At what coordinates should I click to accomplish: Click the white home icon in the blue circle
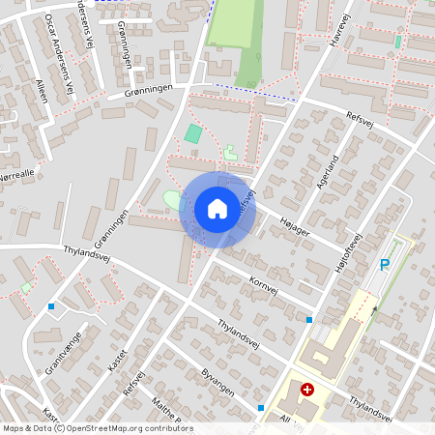(217, 208)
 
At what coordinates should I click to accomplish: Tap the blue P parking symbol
(384, 265)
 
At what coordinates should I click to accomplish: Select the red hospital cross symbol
(307, 390)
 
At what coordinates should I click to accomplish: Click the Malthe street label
(168, 411)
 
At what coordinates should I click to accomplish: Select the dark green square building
(194, 134)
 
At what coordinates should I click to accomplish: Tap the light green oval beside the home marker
(171, 200)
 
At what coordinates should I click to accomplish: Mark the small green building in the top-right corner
(398, 42)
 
